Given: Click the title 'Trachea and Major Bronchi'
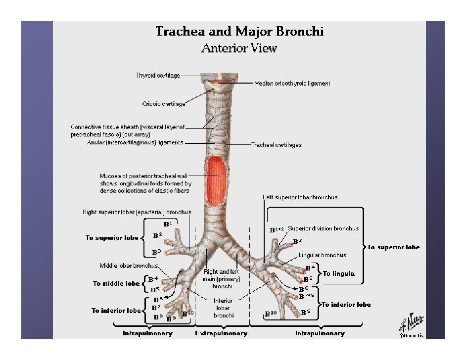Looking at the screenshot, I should (239, 32).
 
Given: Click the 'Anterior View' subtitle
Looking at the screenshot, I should (239, 48).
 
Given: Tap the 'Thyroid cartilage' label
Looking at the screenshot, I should (157, 76).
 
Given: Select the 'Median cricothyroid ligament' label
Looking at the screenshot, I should (292, 84).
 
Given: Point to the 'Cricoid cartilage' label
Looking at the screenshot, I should (164, 104).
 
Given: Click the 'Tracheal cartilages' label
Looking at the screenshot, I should (276, 145).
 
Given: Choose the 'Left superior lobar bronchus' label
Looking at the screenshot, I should (300, 197).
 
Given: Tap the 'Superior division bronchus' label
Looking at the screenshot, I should (323, 228).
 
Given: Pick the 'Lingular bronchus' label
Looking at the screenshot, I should (322, 255).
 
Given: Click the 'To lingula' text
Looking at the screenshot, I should (339, 273).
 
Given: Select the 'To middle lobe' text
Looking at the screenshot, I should (116, 283).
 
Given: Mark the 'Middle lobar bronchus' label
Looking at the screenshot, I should (129, 266).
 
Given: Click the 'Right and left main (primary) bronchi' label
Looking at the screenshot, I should (222, 279).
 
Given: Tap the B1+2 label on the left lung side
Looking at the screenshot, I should (276, 230).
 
